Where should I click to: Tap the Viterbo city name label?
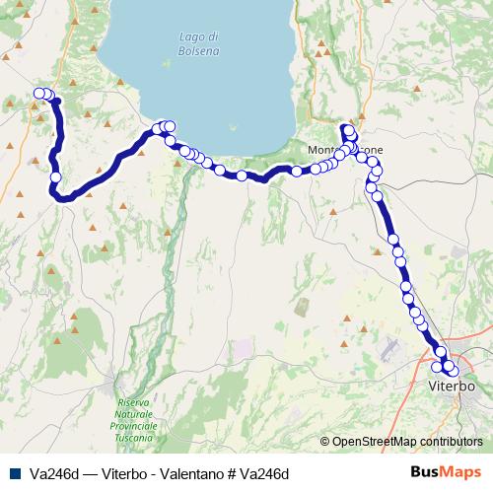tap(453, 386)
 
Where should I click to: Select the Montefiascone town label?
tap(345, 150)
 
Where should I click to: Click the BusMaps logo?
tap(448, 472)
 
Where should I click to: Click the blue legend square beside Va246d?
tap(13, 472)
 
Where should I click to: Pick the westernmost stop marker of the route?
tap(38, 94)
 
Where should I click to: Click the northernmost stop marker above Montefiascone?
tap(346, 128)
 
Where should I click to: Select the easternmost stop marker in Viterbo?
tap(454, 371)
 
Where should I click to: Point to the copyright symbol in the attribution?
tap(324, 442)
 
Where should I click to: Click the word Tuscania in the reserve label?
tap(137, 436)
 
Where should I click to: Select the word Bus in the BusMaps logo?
tap(428, 472)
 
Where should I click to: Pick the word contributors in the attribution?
tap(450, 442)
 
